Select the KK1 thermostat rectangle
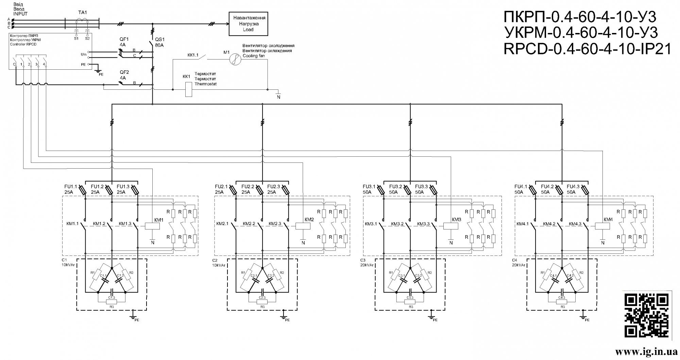(x=188, y=89)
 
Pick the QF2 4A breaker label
(x=124, y=75)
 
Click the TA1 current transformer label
(x=83, y=12)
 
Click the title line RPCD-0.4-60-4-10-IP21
(x=587, y=50)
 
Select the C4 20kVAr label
(x=518, y=262)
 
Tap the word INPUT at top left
(x=20, y=14)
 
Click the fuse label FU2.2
(x=248, y=187)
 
